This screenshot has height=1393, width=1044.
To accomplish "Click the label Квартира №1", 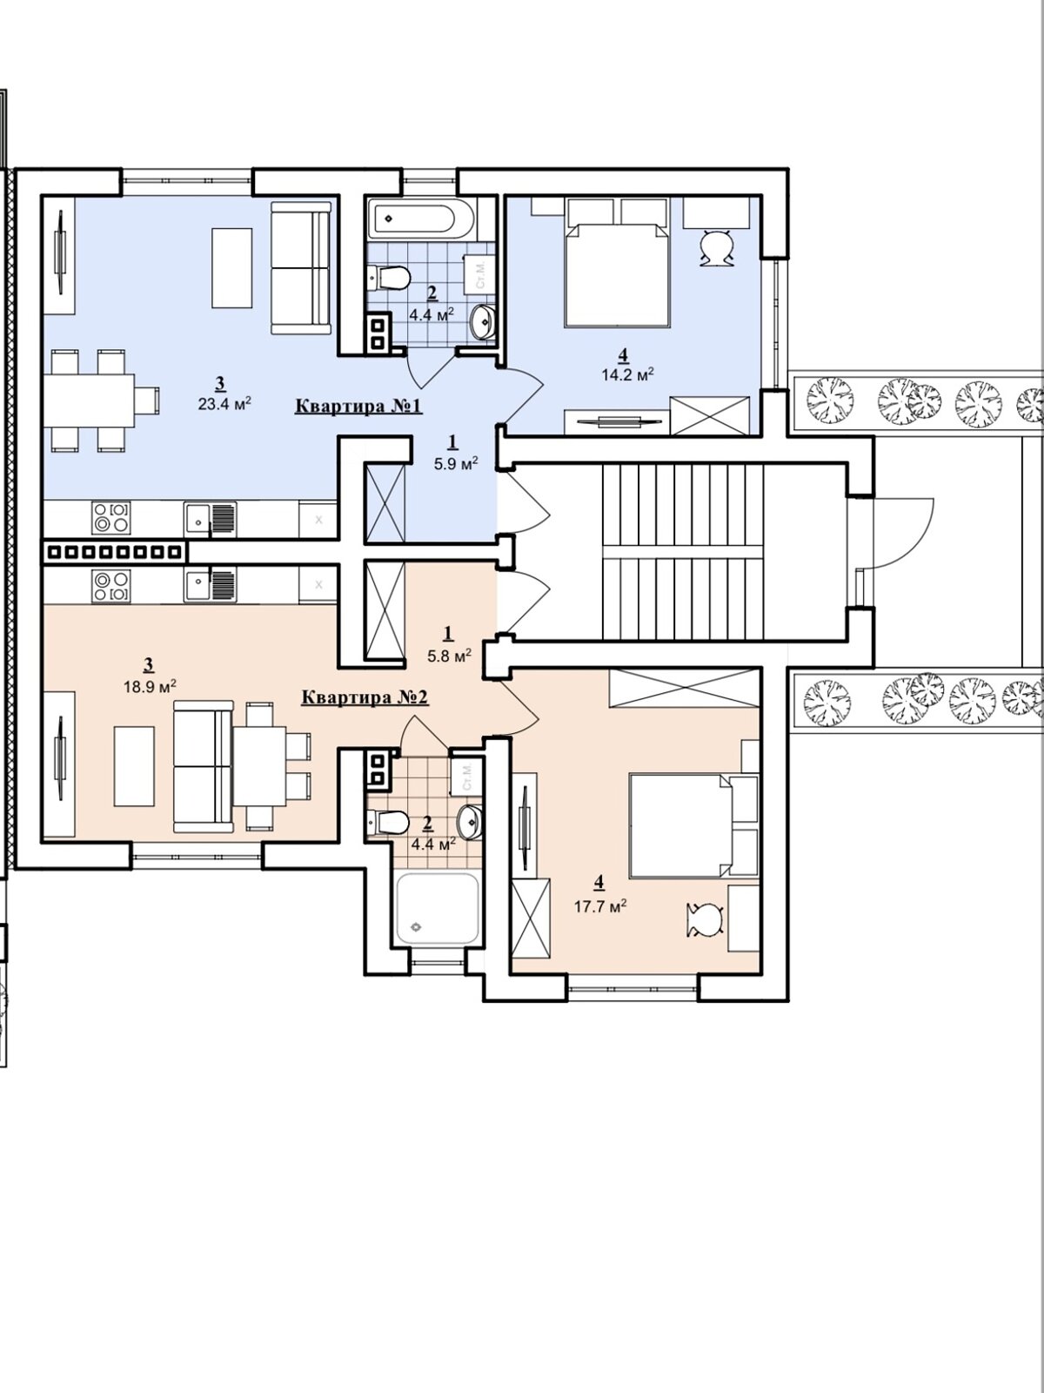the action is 358,406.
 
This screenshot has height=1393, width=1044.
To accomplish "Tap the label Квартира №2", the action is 365,697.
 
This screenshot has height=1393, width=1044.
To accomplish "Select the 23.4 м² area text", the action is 225,403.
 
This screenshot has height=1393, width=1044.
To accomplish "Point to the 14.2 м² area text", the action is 627,373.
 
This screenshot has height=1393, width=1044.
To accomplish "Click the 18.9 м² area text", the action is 150,686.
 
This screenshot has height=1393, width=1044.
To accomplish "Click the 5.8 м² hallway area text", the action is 450,656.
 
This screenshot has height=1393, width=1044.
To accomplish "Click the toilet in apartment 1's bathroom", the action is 389,277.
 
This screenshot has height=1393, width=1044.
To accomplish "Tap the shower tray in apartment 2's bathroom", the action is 437,910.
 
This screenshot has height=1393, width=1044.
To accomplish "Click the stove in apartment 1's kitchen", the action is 111,518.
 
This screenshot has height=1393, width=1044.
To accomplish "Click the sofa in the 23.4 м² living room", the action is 301,268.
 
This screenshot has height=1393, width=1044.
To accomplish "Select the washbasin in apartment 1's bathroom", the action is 484,322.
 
